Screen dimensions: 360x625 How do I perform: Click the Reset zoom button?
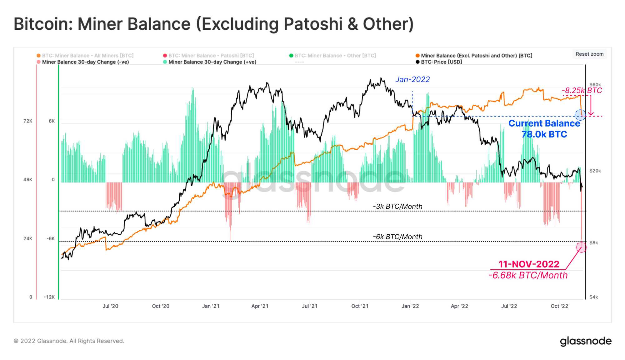coord(589,54)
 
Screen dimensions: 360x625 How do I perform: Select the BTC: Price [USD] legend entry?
coord(441,62)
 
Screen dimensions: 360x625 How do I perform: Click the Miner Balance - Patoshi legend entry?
coord(211,56)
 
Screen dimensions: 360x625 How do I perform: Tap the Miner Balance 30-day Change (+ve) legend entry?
coord(212,62)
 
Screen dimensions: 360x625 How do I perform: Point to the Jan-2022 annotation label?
coord(412,79)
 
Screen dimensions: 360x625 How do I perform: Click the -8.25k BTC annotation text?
coord(582,90)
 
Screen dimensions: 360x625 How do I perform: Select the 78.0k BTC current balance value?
coord(544,134)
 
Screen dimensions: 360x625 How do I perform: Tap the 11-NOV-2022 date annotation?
coord(529,264)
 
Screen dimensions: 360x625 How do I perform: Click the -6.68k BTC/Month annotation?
coord(528,275)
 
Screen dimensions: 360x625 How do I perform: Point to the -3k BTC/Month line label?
coord(397,206)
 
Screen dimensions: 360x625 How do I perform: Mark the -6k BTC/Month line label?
coord(397,237)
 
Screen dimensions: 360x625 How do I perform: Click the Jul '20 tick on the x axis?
coord(110,306)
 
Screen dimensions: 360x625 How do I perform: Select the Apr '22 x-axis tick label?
coord(459,306)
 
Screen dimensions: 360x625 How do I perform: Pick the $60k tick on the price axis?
coord(595,85)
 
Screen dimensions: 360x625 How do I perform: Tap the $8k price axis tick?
coord(593,242)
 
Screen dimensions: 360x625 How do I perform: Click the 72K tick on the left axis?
coord(28,121)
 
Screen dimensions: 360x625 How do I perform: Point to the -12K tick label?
coord(49,297)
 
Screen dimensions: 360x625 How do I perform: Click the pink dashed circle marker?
coord(581,247)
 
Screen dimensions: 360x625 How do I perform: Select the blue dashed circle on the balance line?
coord(580,115)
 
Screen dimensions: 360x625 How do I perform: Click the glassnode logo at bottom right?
coord(586,341)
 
